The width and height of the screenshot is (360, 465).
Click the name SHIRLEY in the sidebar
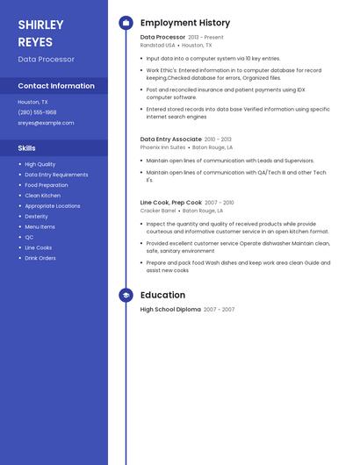(40, 25)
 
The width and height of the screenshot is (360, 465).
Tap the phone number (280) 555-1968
(37, 112)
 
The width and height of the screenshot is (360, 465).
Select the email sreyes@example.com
(46, 123)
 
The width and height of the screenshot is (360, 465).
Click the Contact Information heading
(56, 86)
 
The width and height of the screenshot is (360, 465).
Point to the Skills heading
(26, 148)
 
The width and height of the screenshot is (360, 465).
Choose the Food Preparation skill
(46, 185)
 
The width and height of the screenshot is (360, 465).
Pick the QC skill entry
(29, 237)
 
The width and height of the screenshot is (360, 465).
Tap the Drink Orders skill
(40, 258)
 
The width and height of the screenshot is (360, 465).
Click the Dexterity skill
(36, 216)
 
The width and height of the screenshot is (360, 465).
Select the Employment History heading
(185, 23)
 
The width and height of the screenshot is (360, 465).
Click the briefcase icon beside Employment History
(126, 23)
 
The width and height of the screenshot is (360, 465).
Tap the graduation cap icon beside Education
(126, 296)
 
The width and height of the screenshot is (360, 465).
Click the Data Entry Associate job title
(170, 139)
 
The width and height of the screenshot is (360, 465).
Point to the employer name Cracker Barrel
(157, 211)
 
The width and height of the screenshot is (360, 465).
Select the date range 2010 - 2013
(219, 139)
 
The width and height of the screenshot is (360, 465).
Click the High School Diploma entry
(170, 309)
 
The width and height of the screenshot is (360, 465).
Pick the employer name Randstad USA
(157, 45)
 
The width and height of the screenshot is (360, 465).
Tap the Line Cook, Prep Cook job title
(170, 202)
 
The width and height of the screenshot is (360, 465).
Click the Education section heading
(162, 296)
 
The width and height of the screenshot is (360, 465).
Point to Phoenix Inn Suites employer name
(162, 147)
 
